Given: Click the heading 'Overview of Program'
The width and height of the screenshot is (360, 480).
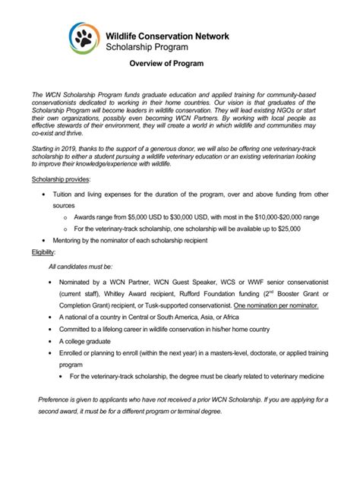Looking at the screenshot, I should pos(165,64).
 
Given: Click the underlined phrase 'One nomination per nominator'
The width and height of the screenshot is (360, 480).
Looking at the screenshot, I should pos(277,305).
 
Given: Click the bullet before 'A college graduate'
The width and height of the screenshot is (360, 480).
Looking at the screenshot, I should pos(50,342).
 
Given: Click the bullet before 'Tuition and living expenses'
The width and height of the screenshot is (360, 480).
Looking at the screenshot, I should pos(50,194).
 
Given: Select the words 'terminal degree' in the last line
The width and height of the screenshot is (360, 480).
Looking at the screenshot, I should pos(195,411).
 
